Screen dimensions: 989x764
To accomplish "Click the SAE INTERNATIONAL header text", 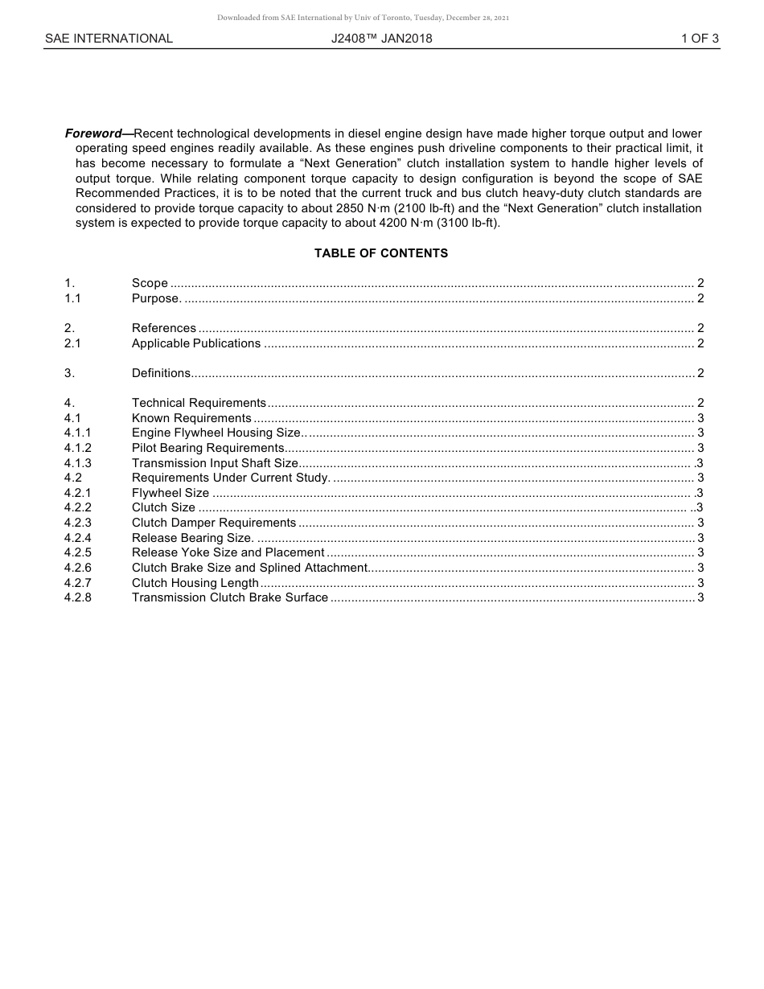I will pos(109,39).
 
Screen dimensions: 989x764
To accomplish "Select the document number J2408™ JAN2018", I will pos(381,39).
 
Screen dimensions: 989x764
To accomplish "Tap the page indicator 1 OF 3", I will pos(699,39).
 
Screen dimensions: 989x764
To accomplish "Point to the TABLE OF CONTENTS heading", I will pos(381,253).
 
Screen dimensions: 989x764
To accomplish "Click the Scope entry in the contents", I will pos(150,283).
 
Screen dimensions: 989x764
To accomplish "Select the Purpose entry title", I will pos(156,298).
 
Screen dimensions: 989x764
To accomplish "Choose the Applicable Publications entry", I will pos(196,343).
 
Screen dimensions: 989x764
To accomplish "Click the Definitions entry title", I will pos(161,373).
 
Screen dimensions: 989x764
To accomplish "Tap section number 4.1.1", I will pos(78,433).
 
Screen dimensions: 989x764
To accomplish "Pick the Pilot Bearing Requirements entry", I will pos(207,448).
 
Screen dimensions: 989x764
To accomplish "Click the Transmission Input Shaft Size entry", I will pos(215,463).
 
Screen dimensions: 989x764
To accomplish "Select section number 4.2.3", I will pos(78,523).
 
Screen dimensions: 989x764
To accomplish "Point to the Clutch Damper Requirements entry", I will pos(214,523).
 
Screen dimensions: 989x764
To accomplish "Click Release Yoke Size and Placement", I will pos(228,552).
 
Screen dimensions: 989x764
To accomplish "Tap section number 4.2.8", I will pos(78,597).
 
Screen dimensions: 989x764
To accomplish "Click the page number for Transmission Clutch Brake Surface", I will pos(700,597).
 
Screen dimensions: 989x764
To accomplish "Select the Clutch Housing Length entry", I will pos(195,583).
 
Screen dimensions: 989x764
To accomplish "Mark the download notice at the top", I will pos(363,18).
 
